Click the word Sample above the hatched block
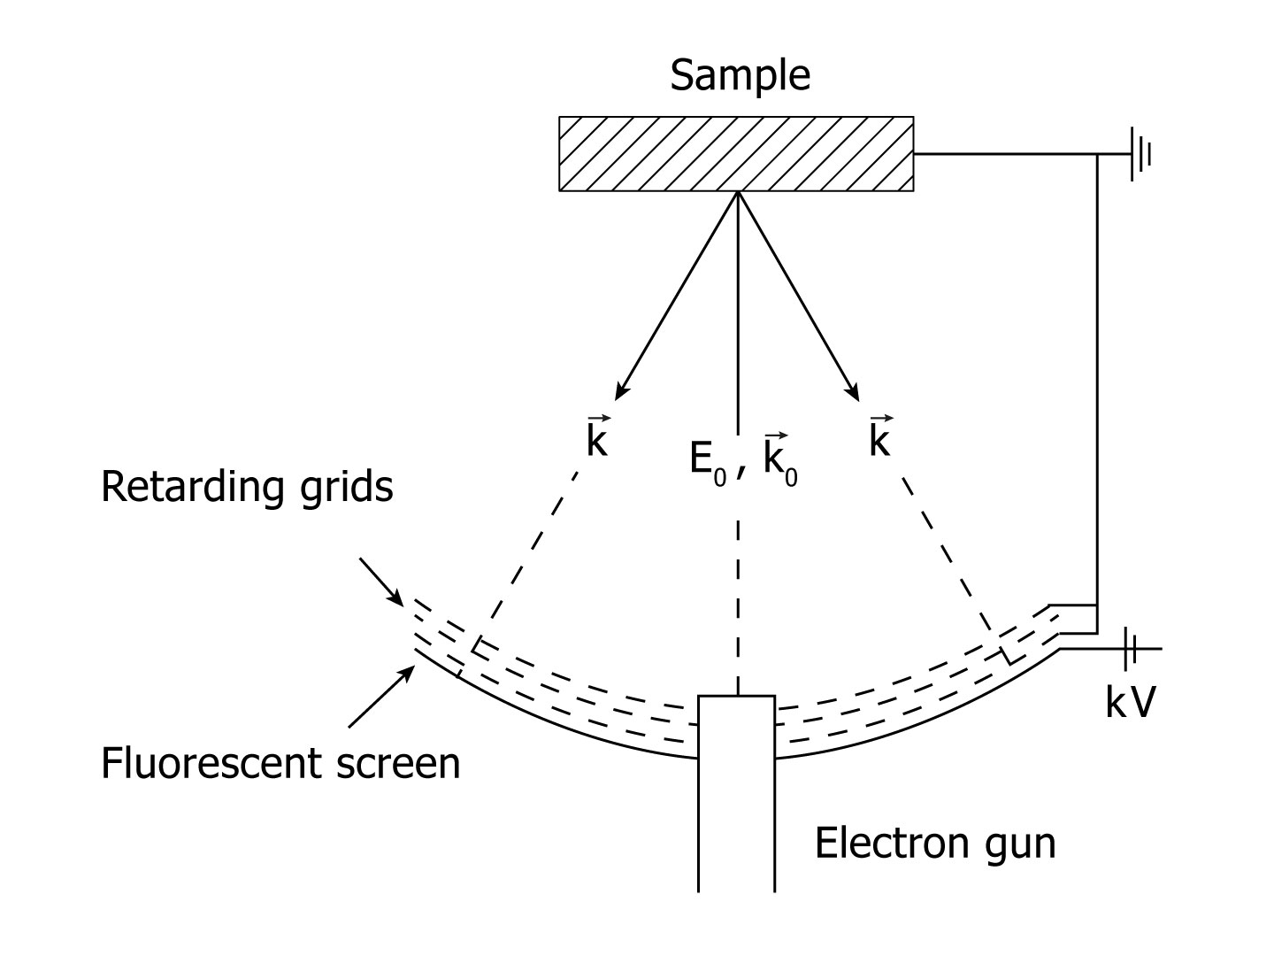click(740, 75)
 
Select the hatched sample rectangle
click(736, 153)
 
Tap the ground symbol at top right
click(1140, 154)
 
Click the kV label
click(1130, 702)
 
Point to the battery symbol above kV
click(1129, 649)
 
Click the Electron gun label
click(934, 843)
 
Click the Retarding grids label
click(247, 487)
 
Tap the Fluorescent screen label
click(280, 763)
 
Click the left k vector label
click(597, 438)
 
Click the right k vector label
click(879, 438)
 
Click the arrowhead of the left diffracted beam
click(619, 392)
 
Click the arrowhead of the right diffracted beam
click(855, 392)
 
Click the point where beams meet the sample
click(737, 191)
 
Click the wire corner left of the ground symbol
click(1097, 154)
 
